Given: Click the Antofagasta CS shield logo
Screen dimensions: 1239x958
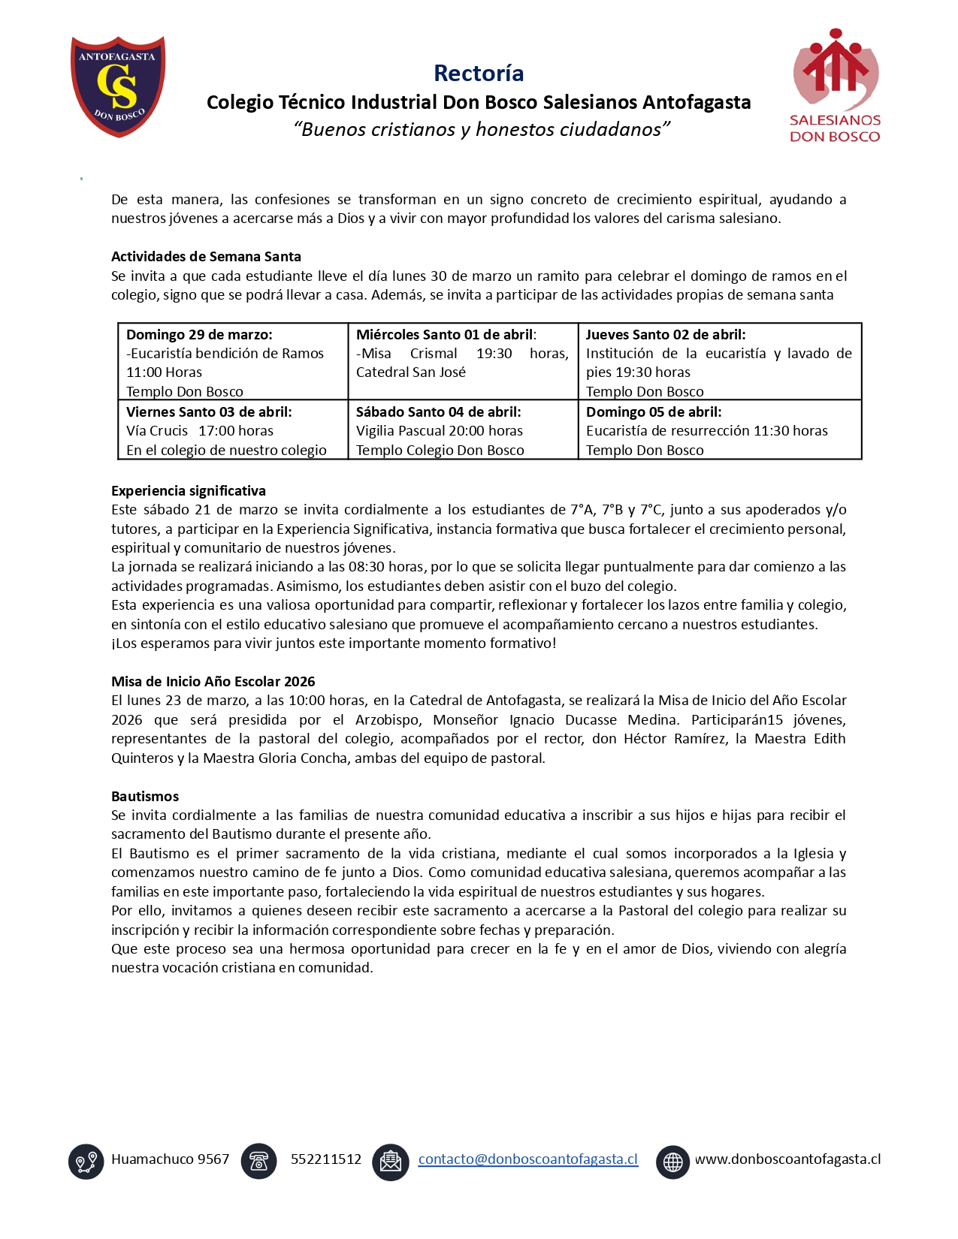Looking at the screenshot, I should pyautogui.click(x=118, y=86).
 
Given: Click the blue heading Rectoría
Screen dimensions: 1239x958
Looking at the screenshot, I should pyautogui.click(x=479, y=73).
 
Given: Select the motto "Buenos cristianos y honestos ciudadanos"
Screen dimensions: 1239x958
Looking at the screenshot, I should pyautogui.click(x=481, y=129).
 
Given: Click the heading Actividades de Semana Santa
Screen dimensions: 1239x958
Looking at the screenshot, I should pyautogui.click(x=206, y=256).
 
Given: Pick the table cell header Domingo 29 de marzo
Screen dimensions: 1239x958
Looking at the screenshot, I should pyautogui.click(x=199, y=334).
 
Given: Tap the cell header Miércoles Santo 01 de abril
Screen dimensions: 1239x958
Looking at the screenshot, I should pyautogui.click(x=446, y=334).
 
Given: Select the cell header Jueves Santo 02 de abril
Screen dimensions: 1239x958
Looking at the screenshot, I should pyautogui.click(x=665, y=334).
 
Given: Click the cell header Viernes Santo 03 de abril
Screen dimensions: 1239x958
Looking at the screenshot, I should pyautogui.click(x=209, y=411).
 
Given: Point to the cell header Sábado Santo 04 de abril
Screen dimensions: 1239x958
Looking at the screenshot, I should pyautogui.click(x=438, y=411).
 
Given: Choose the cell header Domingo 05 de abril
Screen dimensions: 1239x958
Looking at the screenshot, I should pyautogui.click(x=653, y=411).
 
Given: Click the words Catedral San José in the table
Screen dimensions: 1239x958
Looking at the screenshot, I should pyautogui.click(x=410, y=372).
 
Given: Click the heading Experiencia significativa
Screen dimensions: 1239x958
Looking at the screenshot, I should pyautogui.click(x=189, y=490).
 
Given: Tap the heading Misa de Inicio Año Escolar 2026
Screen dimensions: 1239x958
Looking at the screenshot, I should pyautogui.click(x=213, y=681).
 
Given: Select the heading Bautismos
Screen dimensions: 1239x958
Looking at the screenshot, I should pyautogui.click(x=145, y=796).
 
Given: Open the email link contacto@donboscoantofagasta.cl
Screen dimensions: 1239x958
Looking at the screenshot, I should pyautogui.click(x=527, y=1159).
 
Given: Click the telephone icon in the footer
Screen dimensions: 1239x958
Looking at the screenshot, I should pyautogui.click(x=258, y=1161).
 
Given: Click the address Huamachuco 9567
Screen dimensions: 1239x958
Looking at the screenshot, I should pyautogui.click(x=170, y=1159).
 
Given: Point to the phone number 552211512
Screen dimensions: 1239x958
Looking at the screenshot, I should pyautogui.click(x=326, y=1159).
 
